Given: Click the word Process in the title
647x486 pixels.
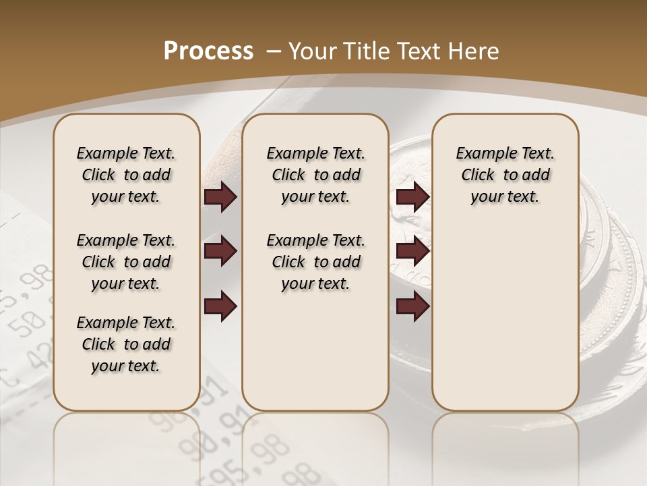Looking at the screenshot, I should [208, 51].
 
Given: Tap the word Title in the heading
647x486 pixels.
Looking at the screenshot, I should [368, 51].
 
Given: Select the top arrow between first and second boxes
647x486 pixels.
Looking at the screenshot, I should [220, 197].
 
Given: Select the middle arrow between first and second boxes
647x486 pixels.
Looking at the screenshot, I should [220, 251].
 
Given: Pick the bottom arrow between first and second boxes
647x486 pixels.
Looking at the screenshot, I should [220, 306].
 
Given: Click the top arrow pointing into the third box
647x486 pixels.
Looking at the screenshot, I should [413, 197].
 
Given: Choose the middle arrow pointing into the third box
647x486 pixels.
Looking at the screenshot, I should [413, 251].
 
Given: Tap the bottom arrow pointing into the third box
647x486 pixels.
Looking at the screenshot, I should [413, 306].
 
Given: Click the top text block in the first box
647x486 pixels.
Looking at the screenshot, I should [126, 175].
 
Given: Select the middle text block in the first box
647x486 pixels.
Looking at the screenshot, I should [126, 262].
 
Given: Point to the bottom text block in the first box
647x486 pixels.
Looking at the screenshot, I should [126, 344].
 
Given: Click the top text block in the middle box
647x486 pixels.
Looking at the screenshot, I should [315, 175].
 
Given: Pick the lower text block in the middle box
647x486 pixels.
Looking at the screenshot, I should [315, 262].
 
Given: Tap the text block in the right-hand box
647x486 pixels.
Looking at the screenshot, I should [505, 175].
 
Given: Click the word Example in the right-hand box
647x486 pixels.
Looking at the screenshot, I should [481, 153].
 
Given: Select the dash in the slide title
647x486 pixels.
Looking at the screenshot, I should [274, 51].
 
